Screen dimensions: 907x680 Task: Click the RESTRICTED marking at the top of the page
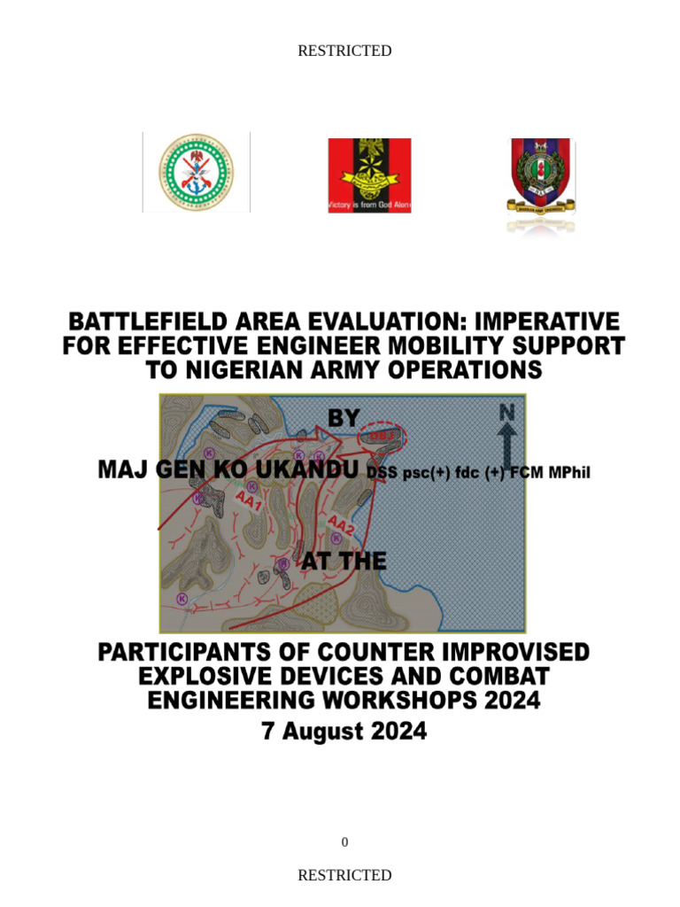click(344, 51)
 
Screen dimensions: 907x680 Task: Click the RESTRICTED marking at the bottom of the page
click(344, 875)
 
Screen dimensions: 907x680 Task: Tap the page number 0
click(344, 842)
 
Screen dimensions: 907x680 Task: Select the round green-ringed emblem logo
click(197, 173)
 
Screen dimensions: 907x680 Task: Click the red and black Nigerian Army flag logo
click(369, 174)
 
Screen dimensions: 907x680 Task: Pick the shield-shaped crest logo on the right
click(541, 177)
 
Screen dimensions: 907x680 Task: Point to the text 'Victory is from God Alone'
click(369, 205)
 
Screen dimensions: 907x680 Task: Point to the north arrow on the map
click(506, 429)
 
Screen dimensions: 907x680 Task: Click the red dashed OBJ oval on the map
click(382, 436)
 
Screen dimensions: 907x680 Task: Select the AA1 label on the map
click(247, 501)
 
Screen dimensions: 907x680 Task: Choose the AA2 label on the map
click(341, 524)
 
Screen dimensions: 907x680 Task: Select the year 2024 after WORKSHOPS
click(506, 701)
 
